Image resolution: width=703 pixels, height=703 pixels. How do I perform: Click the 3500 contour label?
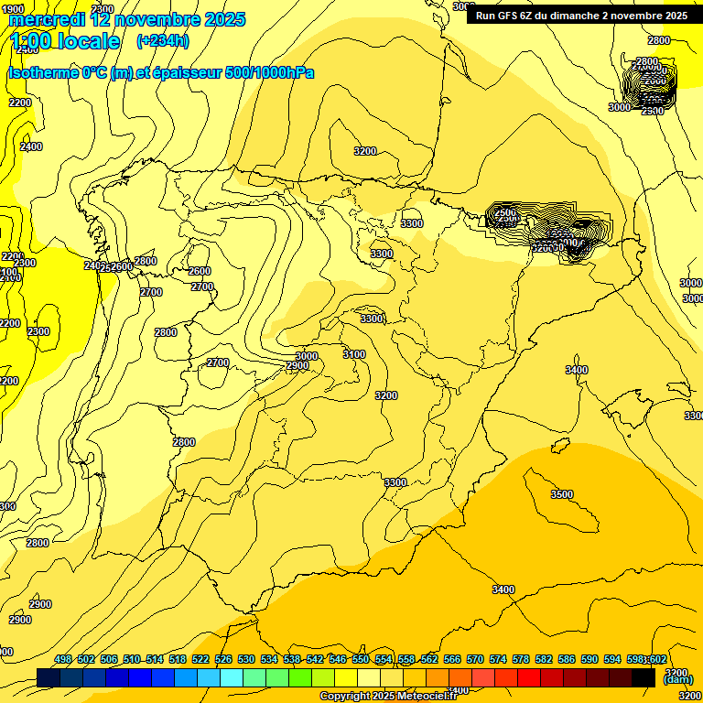pyautogui.click(x=561, y=494)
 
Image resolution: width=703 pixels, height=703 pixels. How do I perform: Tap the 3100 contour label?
pyautogui.click(x=353, y=354)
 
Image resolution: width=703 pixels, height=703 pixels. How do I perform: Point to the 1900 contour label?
pyautogui.click(x=13, y=9)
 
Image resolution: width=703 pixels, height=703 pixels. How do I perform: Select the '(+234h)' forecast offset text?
pyautogui.click(x=162, y=41)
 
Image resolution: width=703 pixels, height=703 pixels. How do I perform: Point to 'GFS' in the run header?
pyautogui.click(x=510, y=16)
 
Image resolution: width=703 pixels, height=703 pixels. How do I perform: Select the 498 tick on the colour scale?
pyautogui.click(x=62, y=659)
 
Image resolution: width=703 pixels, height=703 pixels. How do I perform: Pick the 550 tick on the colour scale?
pyautogui.click(x=360, y=659)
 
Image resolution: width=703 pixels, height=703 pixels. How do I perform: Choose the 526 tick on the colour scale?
pyautogui.click(x=222, y=659)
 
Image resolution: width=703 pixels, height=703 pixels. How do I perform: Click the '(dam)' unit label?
pyautogui.click(x=677, y=679)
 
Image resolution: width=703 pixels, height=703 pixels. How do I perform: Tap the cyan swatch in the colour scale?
pyautogui.click(x=232, y=677)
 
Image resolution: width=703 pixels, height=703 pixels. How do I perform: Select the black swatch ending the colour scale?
pyautogui.click(x=644, y=677)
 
